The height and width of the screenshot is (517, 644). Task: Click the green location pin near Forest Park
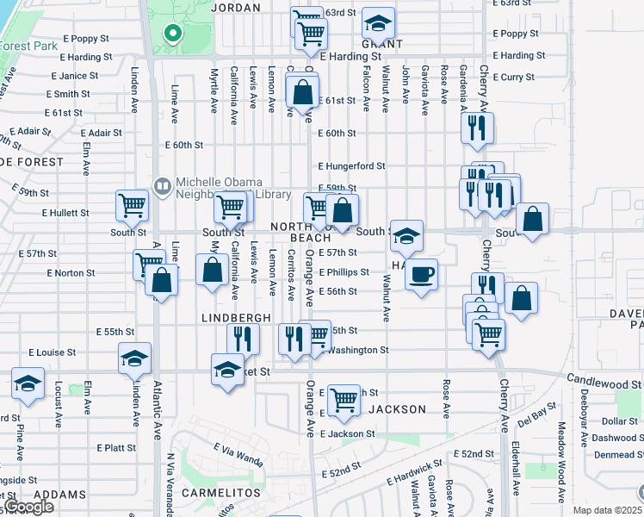(x=172, y=34)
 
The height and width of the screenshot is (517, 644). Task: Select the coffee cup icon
(x=421, y=275)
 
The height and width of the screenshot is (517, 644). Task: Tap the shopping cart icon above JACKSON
(x=344, y=399)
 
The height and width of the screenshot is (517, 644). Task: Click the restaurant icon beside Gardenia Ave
(x=476, y=128)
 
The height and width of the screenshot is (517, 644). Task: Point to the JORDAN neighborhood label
(x=235, y=8)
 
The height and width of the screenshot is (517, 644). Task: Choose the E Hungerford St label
(x=350, y=166)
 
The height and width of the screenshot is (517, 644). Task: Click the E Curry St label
(x=517, y=78)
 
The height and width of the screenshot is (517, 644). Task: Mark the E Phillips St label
(x=344, y=272)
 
